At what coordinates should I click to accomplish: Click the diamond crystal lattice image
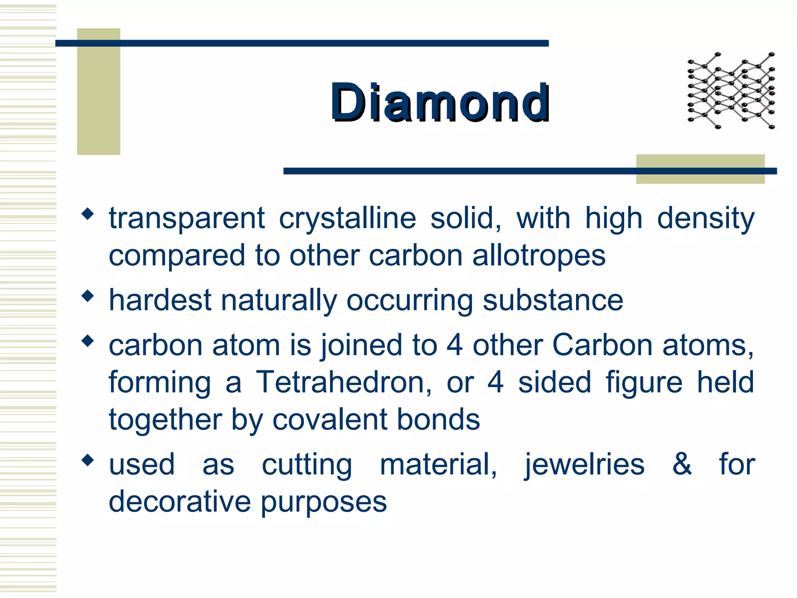tap(731, 90)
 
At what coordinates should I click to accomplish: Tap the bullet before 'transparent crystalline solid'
tap(88, 213)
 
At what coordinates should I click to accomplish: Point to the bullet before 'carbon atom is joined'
tap(88, 341)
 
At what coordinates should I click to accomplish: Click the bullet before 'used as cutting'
tap(88, 460)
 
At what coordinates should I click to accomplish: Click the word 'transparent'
tap(187, 218)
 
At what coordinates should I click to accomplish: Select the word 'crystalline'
tap(348, 218)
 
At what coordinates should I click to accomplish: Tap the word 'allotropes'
tap(539, 256)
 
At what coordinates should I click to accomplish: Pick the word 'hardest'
tap(160, 300)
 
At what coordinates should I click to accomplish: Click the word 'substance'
tap(553, 300)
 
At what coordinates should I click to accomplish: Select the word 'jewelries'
tap(584, 465)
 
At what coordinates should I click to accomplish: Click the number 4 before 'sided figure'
tap(496, 382)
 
